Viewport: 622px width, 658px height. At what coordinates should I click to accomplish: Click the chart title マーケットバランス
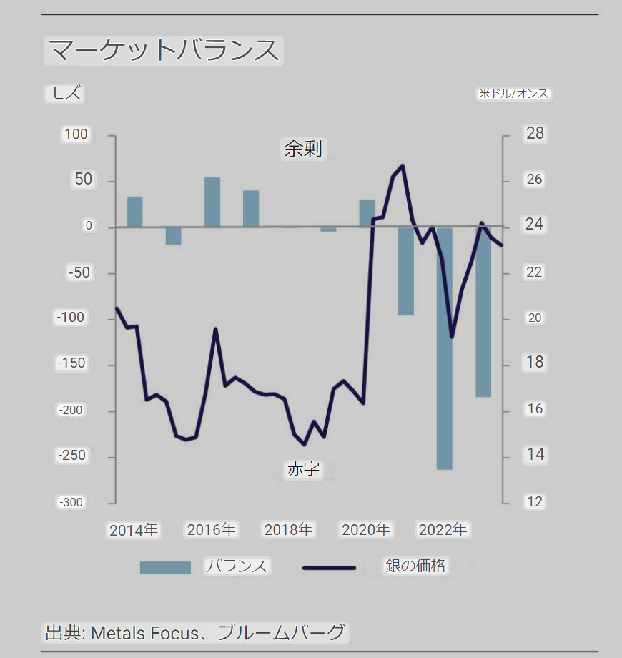point(164,51)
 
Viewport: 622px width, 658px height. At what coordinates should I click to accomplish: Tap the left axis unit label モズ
point(64,93)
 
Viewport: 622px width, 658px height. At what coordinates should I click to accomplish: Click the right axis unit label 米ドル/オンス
point(513,94)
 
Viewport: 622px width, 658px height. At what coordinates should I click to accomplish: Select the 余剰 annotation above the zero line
point(302,149)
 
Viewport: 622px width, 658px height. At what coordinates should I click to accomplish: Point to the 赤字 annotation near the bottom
point(303,469)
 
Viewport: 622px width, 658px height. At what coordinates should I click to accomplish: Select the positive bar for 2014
point(134,212)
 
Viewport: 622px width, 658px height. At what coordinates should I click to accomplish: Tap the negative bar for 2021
point(406,272)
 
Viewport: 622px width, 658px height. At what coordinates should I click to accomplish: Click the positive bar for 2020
point(367,213)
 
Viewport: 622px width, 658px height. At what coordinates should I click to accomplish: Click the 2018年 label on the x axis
point(288,530)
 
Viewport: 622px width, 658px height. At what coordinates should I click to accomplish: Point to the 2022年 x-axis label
point(443,530)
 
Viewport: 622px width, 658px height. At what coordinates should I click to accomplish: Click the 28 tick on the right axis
point(535,134)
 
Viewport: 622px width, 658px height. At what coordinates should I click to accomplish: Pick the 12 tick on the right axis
point(535,501)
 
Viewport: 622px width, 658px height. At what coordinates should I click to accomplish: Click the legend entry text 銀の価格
point(415,566)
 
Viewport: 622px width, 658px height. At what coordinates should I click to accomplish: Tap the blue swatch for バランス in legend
point(165,567)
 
